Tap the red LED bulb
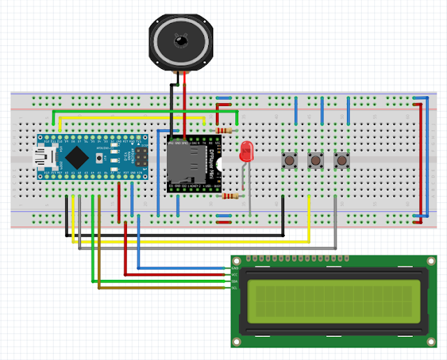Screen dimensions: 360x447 pyautogui.click(x=246, y=151)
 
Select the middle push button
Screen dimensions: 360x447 pyautogui.click(x=316, y=160)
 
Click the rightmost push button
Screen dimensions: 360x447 pyautogui.click(x=342, y=160)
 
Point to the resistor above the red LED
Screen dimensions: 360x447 pyautogui.click(x=224, y=130)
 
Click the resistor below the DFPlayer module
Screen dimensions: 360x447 pyautogui.click(x=228, y=196)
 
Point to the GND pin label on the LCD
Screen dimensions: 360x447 pyautogui.click(x=235, y=268)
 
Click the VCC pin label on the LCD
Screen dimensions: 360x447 pyautogui.click(x=235, y=275)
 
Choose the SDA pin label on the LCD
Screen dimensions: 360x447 pyautogui.click(x=235, y=281)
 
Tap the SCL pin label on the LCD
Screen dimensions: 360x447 pyautogui.click(x=235, y=287)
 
